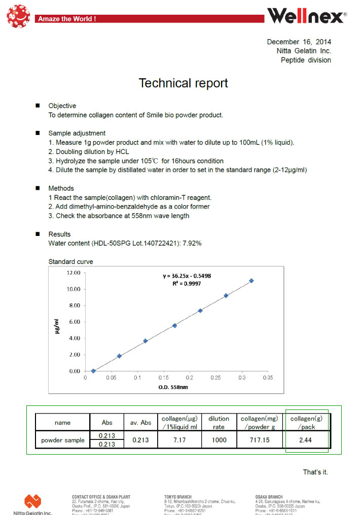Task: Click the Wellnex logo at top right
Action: pos(306,16)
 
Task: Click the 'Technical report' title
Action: pos(183,83)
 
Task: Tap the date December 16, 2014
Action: pos(299,42)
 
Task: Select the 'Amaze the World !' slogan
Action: pos(66,19)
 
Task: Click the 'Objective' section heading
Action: pos(62,106)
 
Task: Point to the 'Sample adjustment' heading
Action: pos(77,133)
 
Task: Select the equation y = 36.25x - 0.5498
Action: pos(187,276)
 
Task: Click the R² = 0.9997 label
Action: pos(187,284)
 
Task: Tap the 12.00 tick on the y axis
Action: pos(74,272)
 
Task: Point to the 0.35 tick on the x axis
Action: pos(268,378)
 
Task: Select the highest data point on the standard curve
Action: pos(251,281)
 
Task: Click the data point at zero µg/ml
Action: pos(93,371)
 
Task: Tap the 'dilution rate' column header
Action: pos(219,423)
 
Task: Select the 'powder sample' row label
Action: pos(63,440)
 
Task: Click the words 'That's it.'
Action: pos(315,472)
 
